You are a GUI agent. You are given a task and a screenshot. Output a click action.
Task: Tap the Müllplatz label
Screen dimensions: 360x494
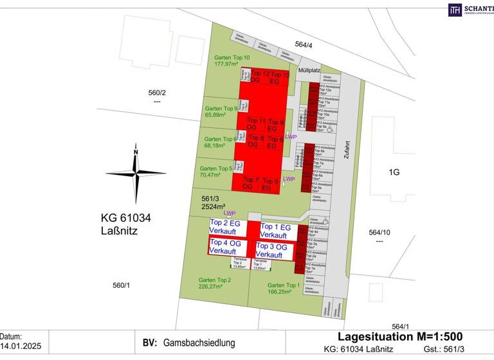click(309, 71)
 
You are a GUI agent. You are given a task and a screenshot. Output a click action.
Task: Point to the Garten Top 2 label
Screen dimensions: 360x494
click(215, 283)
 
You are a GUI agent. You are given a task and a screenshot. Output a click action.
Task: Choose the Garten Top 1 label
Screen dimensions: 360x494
click(284, 289)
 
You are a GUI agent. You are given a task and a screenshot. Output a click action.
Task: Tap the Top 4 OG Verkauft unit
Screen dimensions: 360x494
click(227, 246)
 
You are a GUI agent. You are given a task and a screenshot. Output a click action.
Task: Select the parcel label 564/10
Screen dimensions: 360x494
click(379, 232)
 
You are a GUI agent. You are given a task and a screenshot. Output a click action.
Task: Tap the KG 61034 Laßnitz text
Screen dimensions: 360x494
click(126, 224)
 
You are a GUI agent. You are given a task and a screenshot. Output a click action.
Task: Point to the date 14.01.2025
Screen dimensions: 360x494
click(20, 346)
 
